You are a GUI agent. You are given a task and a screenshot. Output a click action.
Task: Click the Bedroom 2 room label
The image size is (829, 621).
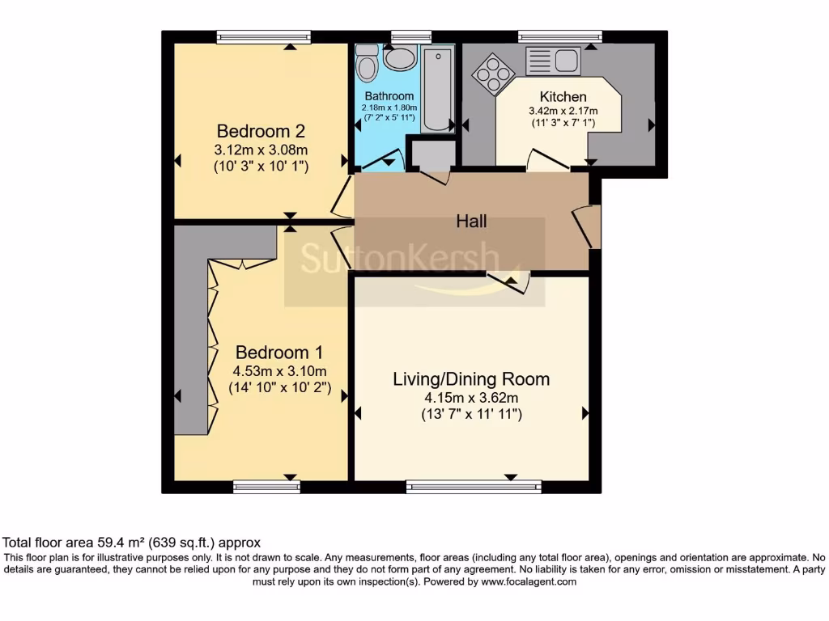pos(261,130)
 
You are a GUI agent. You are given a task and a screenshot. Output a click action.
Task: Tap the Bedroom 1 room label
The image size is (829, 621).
pos(279,352)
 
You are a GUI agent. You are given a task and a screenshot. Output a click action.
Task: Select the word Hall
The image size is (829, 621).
pos(471,221)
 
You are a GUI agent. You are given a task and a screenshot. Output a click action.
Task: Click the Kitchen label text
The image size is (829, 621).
pos(563,97)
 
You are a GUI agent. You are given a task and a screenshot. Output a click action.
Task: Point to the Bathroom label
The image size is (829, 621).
pos(389,96)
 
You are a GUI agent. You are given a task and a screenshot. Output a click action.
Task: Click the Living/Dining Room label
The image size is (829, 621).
pos(471,379)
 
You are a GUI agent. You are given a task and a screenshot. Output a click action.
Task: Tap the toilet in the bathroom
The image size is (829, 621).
pos(366,63)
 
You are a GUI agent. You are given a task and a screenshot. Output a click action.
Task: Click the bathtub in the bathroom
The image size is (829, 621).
pos(438,88)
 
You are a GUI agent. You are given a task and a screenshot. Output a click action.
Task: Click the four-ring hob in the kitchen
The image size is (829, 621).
pos(493,74)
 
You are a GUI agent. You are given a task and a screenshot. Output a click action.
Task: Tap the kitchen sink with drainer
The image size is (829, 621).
pos(553,61)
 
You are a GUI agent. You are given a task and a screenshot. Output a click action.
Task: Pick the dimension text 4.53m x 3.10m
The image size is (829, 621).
pos(279,370)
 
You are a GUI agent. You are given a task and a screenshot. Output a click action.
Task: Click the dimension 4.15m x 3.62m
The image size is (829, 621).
pos(471,398)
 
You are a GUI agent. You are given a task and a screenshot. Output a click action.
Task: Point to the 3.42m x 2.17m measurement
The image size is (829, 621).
pos(563,111)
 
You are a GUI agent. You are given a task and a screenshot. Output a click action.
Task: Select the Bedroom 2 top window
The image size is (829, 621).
pos(264,36)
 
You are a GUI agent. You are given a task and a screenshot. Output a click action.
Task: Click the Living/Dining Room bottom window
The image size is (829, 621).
pos(474,486)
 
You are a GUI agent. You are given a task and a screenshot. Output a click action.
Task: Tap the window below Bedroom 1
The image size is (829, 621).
pos(266,486)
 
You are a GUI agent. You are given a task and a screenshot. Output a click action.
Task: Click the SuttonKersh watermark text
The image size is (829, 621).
pos(400,258)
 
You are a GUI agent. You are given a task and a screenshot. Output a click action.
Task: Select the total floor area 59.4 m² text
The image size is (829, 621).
pos(131,543)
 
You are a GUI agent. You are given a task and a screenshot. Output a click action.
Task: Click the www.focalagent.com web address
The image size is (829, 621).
pos(528,582)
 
